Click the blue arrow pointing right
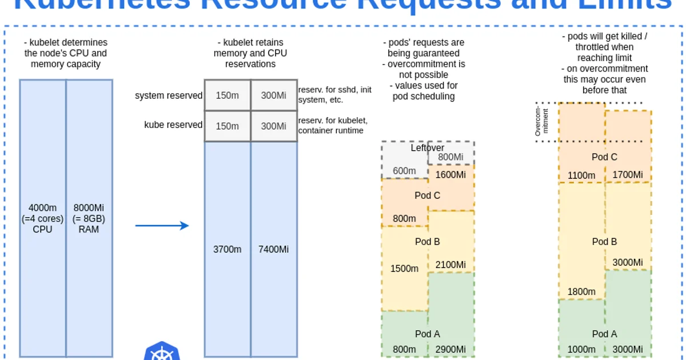coord(162,226)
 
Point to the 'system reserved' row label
coord(169,95)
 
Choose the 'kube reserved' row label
coord(173,125)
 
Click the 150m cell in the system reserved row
coord(227,95)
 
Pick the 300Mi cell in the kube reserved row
coord(274,126)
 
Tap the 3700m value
coord(227,249)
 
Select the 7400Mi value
coord(274,249)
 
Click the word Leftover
coord(428,148)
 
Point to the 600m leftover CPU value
coord(404,171)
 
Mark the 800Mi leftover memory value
coord(450,157)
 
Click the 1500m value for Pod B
coord(404,269)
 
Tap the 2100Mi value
coord(450,265)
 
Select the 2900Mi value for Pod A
coord(450,349)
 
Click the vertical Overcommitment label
coord(541,122)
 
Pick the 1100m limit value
coord(581,175)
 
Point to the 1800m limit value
coord(581,292)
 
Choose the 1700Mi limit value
coord(628,175)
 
